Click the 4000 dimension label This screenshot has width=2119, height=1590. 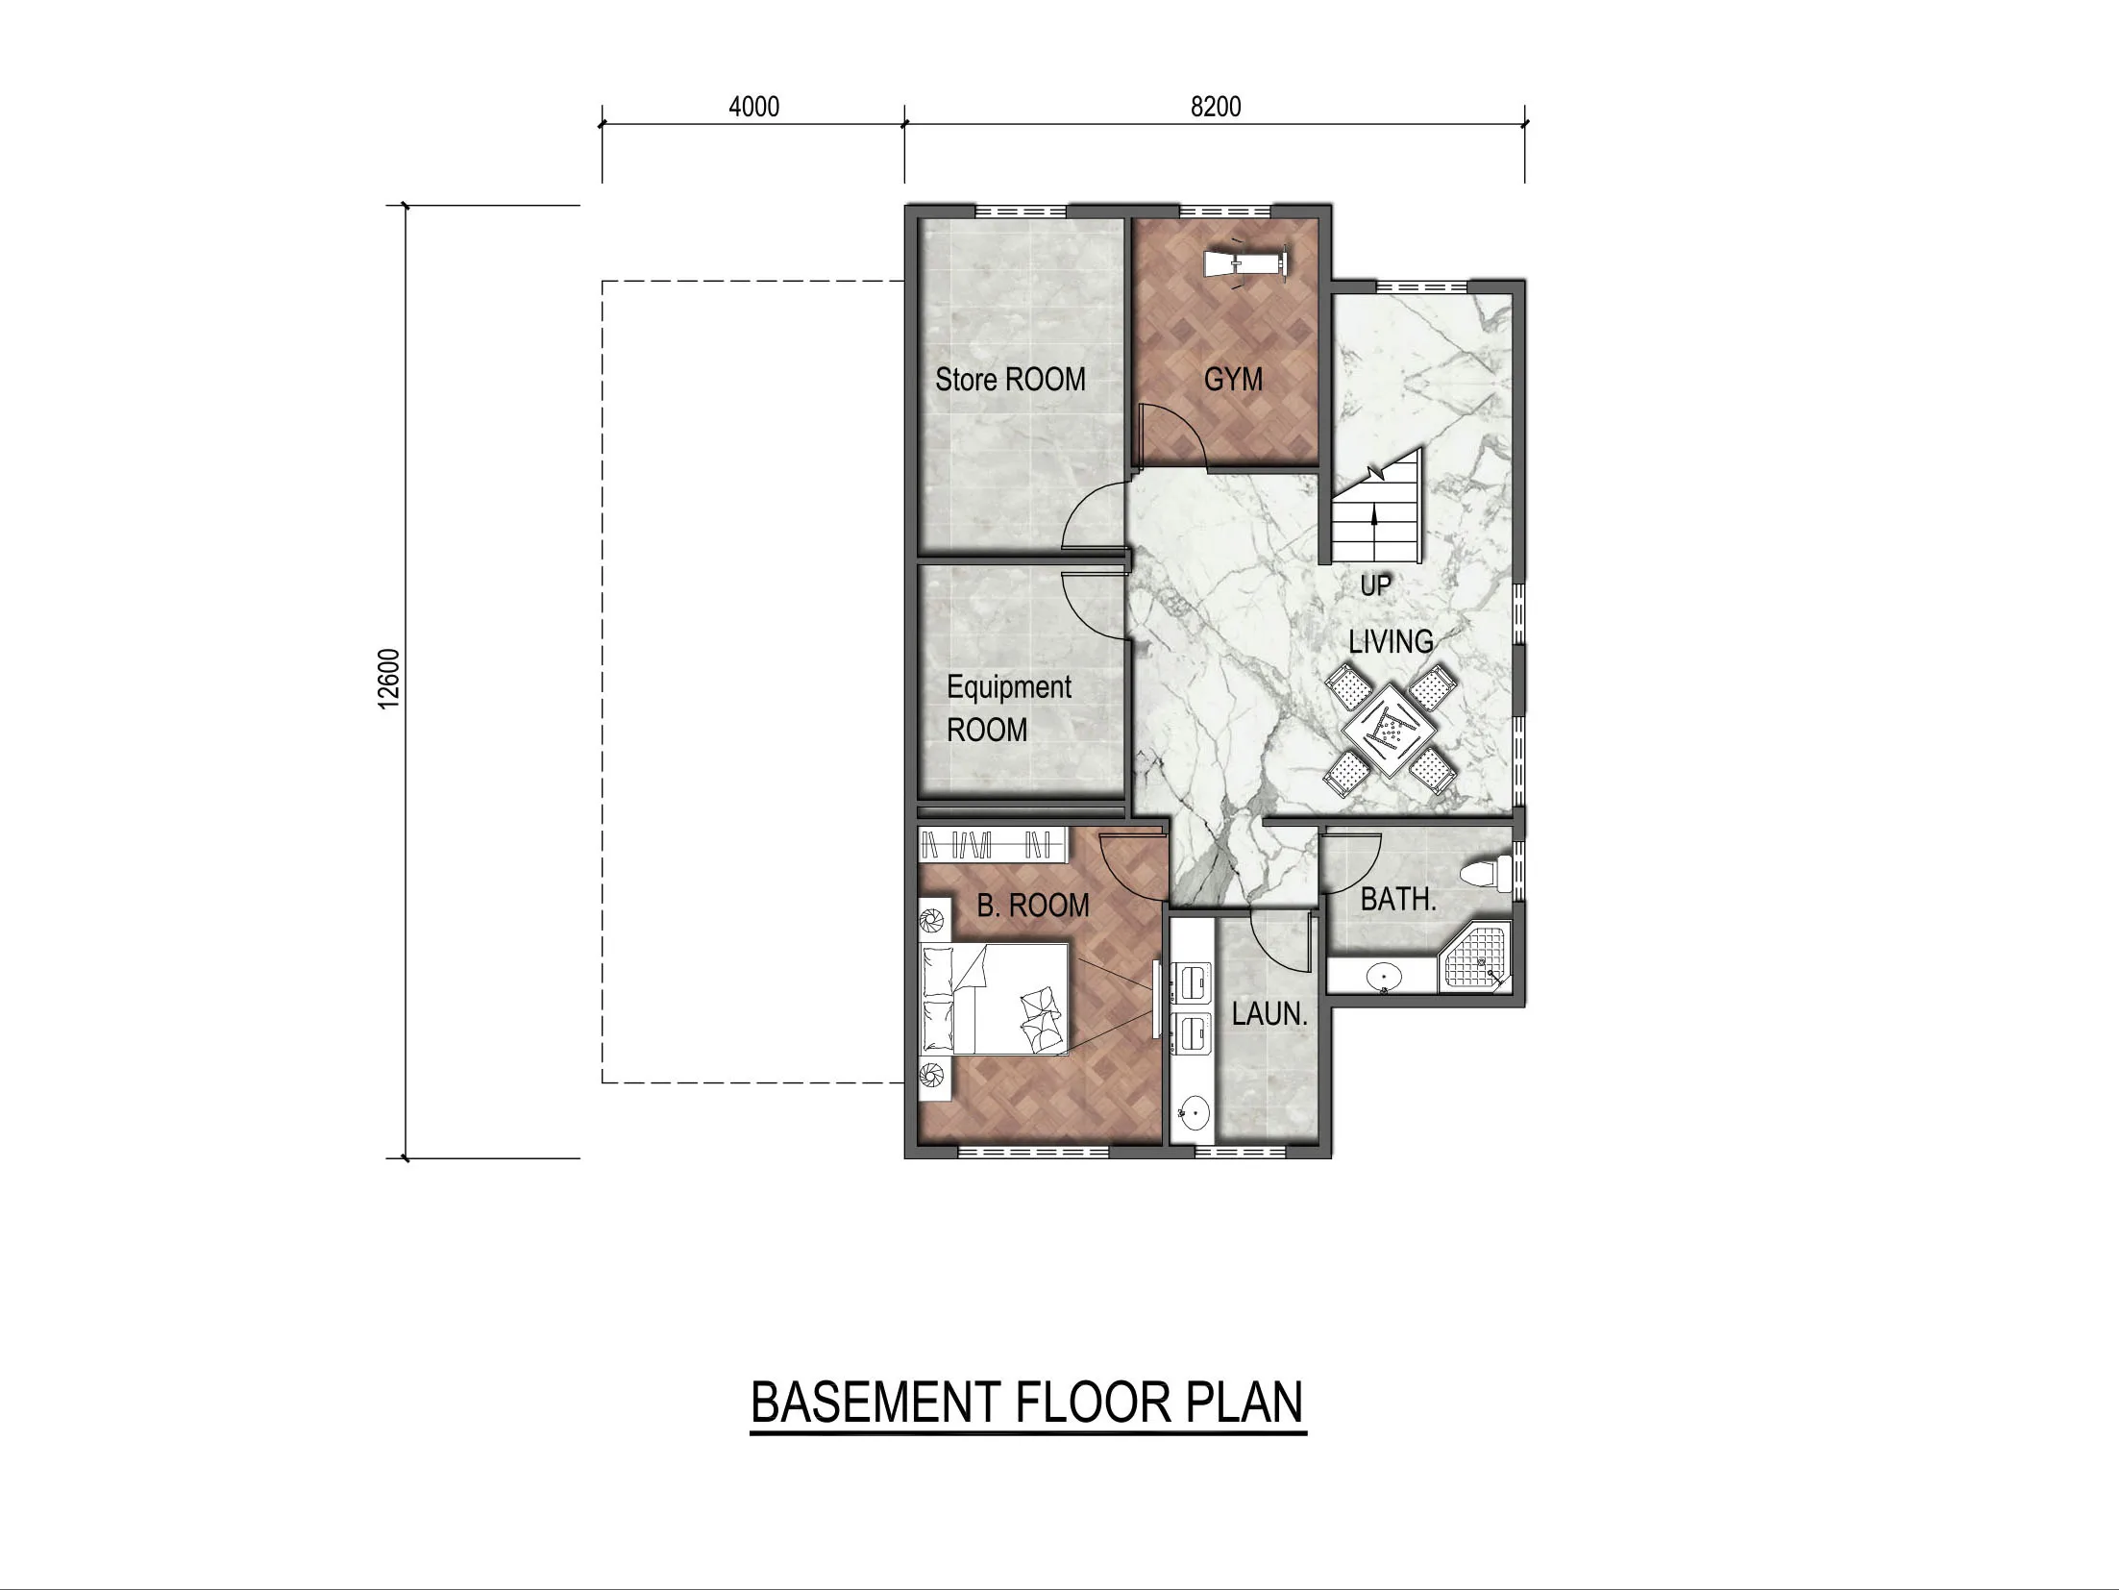pyautogui.click(x=753, y=107)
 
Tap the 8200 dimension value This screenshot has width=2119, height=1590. pyautogui.click(x=1215, y=107)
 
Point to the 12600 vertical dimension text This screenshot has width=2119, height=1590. pyautogui.click(x=388, y=680)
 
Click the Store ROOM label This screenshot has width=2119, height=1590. pyautogui.click(x=1010, y=380)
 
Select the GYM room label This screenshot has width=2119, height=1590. pyautogui.click(x=1233, y=380)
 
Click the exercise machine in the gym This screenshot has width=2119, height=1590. pyautogui.click(x=1246, y=262)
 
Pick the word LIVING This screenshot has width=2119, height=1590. pyautogui.click(x=1391, y=641)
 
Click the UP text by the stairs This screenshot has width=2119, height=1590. pyautogui.click(x=1375, y=585)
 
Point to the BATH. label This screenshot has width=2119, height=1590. pyautogui.click(x=1398, y=901)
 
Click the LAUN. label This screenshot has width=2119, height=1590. pyautogui.click(x=1269, y=1014)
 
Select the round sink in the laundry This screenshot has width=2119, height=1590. pyautogui.click(x=1193, y=1116)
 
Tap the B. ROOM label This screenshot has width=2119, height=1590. pyautogui.click(x=1033, y=906)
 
